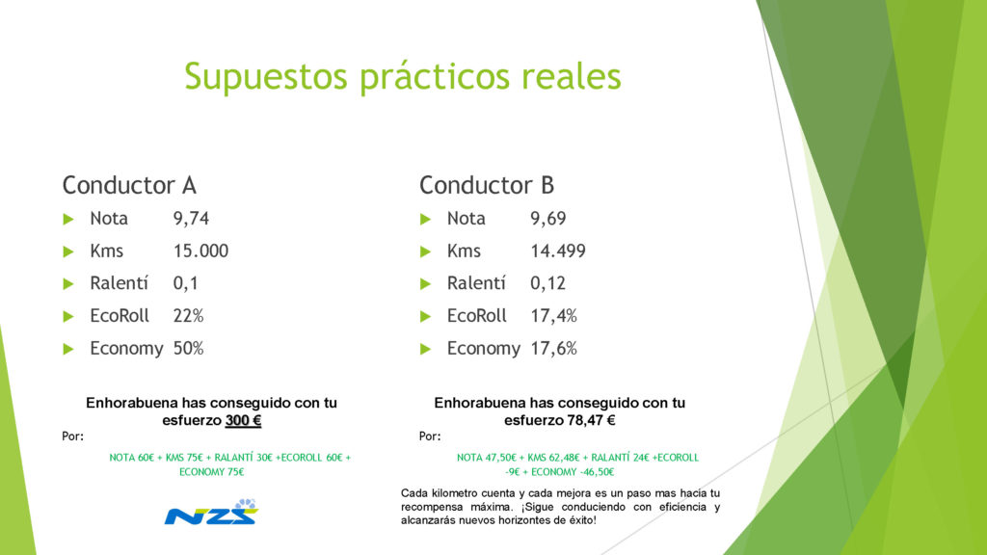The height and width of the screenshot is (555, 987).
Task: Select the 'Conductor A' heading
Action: [129, 185]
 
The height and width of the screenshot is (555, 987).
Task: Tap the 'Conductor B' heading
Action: [487, 185]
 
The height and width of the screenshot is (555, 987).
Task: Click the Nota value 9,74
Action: [191, 219]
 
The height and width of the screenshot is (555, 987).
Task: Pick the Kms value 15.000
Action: [200, 251]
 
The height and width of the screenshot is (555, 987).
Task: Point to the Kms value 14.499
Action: [558, 251]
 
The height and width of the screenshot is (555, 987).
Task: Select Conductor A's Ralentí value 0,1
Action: [186, 284]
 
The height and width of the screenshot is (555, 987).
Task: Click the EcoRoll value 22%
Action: [188, 316]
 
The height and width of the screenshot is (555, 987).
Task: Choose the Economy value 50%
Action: [188, 349]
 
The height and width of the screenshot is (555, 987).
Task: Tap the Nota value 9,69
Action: [547, 219]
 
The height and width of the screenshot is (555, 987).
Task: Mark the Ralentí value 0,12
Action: [547, 284]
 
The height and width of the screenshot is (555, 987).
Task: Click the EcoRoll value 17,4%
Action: [553, 316]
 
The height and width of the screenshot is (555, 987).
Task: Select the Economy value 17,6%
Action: [553, 349]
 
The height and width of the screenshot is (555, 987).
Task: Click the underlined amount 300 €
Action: [243, 420]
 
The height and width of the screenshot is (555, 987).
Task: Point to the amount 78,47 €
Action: [591, 420]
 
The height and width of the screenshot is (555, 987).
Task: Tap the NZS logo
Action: [211, 513]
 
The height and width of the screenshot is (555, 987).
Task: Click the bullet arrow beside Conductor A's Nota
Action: [68, 219]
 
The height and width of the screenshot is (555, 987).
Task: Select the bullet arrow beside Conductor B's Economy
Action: [425, 349]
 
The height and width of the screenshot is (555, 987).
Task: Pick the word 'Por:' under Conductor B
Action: [430, 436]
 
